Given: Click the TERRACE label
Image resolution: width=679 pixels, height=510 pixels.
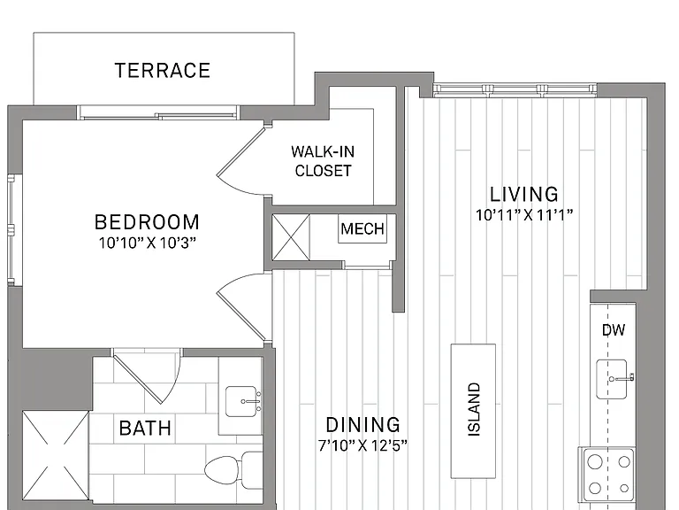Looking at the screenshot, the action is point(163,70).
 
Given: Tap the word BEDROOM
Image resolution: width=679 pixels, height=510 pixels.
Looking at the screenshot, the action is point(148,222).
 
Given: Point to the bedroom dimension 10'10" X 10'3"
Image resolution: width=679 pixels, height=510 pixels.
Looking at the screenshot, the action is point(148,243).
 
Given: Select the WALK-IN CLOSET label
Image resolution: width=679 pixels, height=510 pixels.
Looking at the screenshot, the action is point(323,161).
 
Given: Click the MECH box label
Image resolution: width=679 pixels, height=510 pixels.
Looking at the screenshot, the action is point(362,228).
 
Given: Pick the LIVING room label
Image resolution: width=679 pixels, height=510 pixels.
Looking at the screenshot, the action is point(524,194).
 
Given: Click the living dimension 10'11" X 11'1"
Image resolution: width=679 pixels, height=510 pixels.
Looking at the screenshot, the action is point(524,214).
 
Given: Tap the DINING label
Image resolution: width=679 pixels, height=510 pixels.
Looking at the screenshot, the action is point(362,425).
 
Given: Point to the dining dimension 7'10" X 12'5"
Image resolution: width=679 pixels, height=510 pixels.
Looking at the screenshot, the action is point(362,445).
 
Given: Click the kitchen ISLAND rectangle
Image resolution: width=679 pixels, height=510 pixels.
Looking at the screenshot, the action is point(473,411).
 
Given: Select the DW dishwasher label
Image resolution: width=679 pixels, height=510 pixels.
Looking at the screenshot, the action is point(614,330).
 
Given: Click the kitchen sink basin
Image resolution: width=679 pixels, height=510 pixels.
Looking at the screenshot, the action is point(612,379).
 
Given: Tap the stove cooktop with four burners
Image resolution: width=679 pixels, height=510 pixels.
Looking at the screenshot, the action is point(609,475).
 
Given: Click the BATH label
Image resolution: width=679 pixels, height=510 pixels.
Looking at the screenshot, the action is point(145,428).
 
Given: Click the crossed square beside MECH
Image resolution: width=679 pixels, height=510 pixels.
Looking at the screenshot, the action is point(291,237).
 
